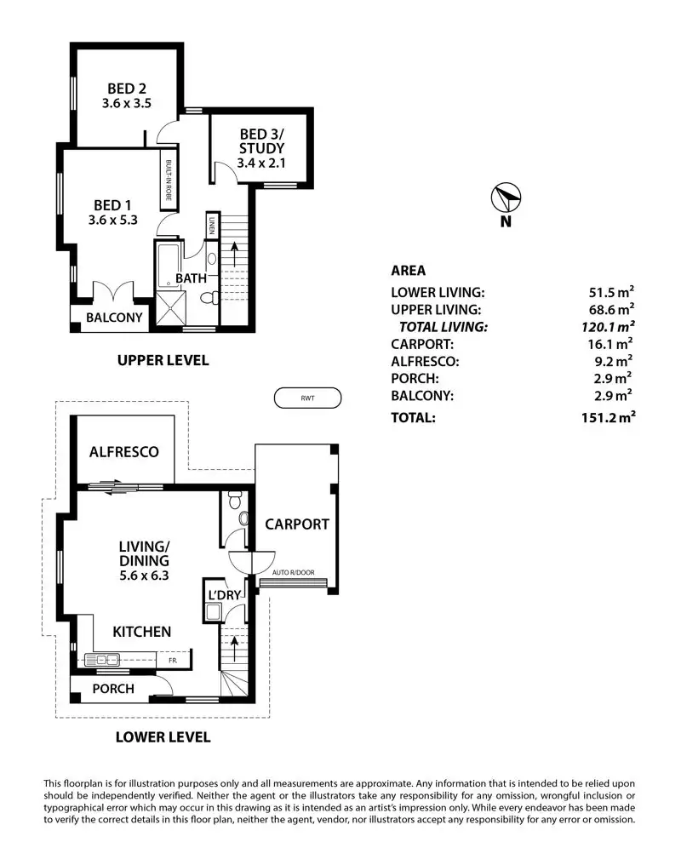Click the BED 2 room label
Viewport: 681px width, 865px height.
[x=125, y=88]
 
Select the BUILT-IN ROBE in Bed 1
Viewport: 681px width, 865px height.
[x=169, y=179]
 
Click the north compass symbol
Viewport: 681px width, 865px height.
[x=505, y=198]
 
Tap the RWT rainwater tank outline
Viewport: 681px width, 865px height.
[x=307, y=398]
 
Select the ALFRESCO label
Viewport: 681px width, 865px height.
[x=124, y=452]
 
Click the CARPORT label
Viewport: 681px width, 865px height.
[x=296, y=524]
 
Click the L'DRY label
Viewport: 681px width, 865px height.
[x=226, y=593]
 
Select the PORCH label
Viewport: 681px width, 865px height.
[x=112, y=688]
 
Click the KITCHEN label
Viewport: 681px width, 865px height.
[x=143, y=632]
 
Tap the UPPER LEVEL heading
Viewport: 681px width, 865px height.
[x=162, y=361]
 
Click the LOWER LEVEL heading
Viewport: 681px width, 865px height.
[x=162, y=737]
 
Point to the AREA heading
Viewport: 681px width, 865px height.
[x=409, y=271]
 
